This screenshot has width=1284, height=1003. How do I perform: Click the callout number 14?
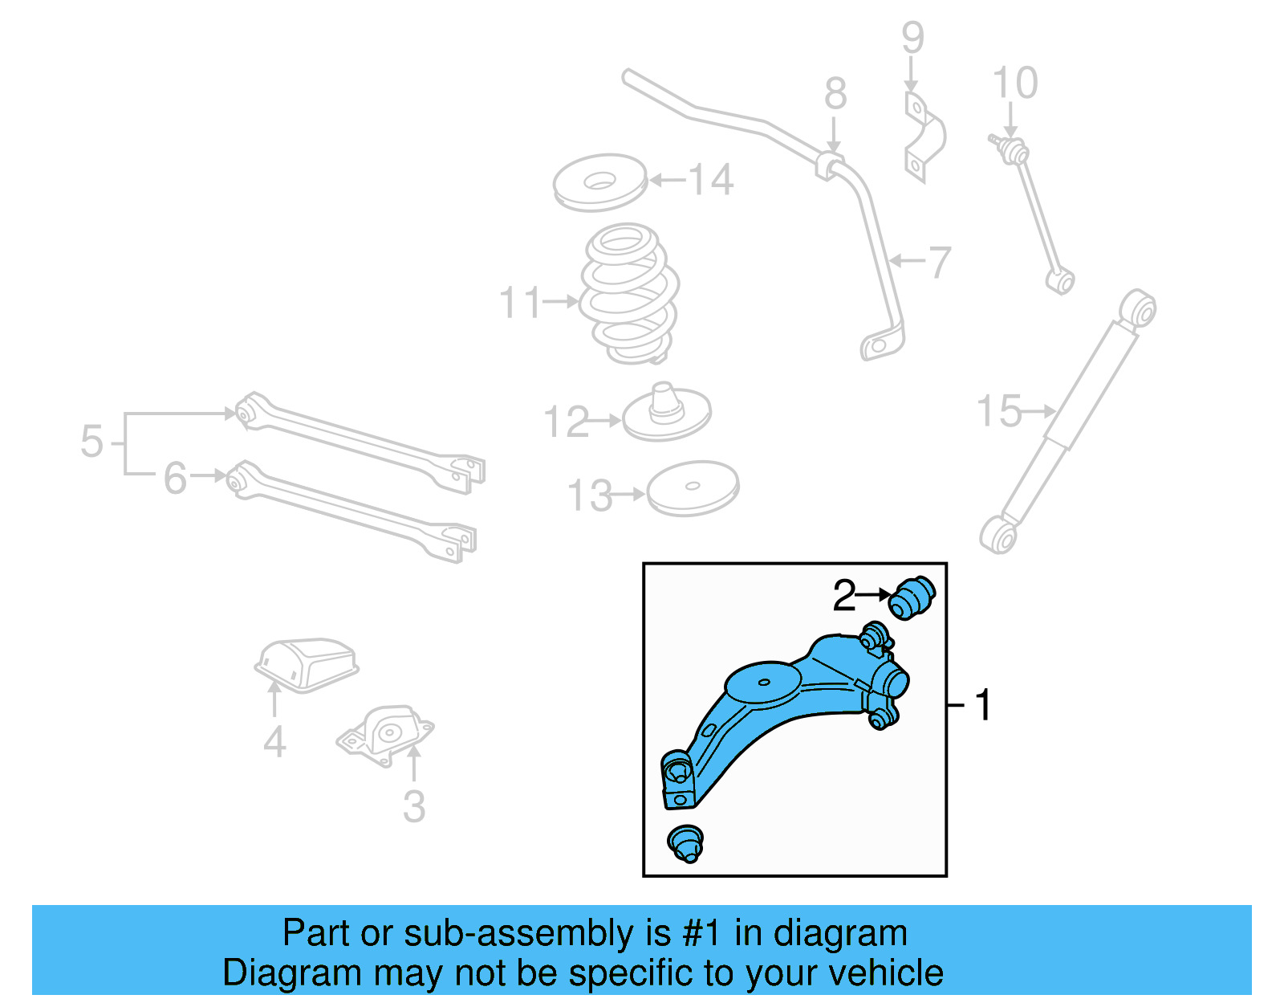coord(711,180)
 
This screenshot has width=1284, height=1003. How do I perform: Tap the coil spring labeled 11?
coord(629,294)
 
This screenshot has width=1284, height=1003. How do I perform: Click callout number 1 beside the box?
coord(982,705)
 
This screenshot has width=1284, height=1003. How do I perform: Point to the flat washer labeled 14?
coord(599,182)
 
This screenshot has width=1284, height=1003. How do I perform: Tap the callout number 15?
coord(998,411)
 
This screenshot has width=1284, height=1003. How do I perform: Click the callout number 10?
coord(1014,84)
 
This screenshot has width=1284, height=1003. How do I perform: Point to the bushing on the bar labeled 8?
coord(831,165)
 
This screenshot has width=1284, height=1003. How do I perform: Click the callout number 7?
coord(939,262)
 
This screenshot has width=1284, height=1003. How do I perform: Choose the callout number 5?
coord(91,442)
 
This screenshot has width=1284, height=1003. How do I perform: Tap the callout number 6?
coord(175,479)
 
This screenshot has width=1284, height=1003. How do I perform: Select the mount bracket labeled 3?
coord(386,732)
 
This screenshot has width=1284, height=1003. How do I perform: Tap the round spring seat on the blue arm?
coord(762,683)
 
